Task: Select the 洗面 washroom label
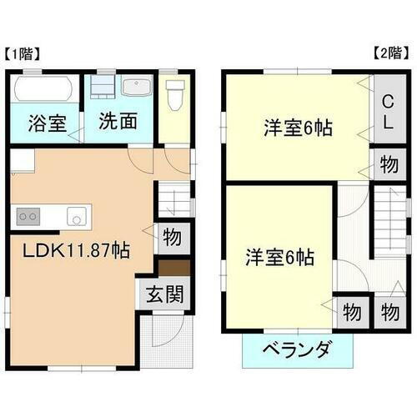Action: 118,120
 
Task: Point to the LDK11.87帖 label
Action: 75,249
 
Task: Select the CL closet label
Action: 387,111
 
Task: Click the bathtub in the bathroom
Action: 44,88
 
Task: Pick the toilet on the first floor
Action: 173,98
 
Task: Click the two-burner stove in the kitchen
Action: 28,215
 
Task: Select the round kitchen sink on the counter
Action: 78,218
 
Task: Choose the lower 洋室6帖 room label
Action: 279,258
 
